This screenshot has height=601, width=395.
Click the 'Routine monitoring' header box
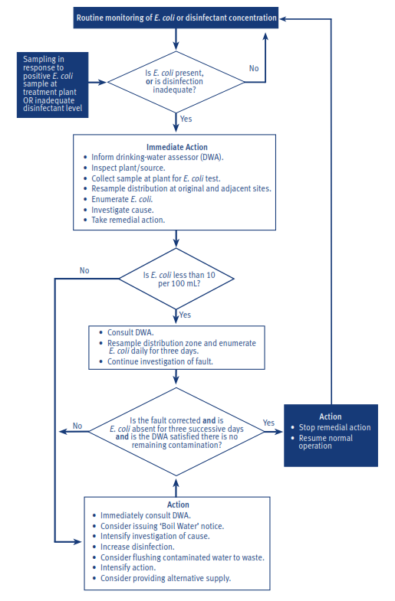point(176,18)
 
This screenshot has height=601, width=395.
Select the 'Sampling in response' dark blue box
point(53,85)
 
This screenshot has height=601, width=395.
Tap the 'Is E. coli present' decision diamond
point(176,82)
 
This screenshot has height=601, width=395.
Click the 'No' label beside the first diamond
point(254,68)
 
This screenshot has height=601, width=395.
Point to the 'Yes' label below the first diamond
point(186,119)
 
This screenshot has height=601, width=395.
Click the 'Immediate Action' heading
point(177,147)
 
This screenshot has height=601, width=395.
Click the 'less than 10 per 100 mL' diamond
point(176,279)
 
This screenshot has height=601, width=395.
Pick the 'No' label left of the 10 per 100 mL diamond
point(84,270)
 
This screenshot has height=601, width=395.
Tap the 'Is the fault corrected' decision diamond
point(176,432)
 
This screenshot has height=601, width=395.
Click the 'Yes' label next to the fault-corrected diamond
point(268,423)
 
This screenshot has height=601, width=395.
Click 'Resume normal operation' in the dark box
point(325,442)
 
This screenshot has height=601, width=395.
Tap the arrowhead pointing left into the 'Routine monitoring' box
point(283,18)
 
